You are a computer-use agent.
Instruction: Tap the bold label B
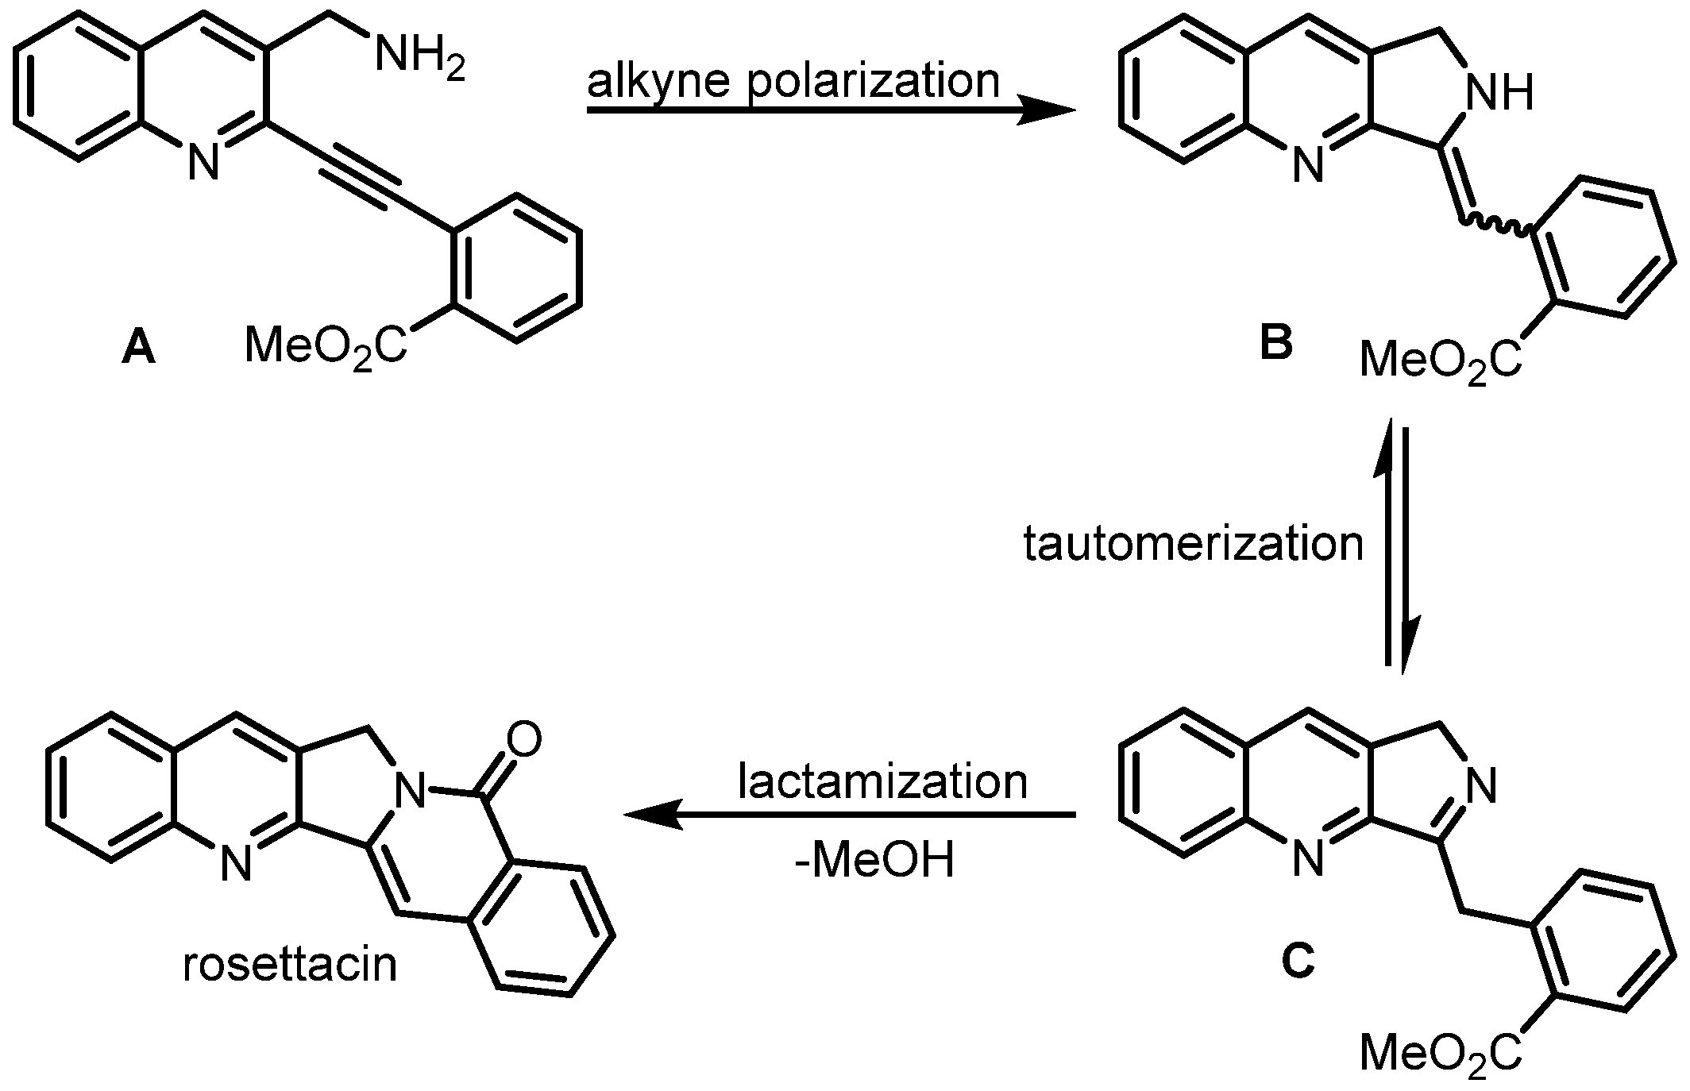(1276, 343)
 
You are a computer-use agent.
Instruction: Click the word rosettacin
(290, 965)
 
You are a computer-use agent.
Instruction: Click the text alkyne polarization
(793, 82)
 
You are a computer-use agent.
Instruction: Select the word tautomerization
(1194, 545)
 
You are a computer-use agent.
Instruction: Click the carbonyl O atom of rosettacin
(523, 738)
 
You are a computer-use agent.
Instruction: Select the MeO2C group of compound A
(326, 346)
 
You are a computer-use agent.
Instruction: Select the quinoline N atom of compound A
(203, 164)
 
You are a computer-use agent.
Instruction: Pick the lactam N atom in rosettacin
(412, 790)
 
